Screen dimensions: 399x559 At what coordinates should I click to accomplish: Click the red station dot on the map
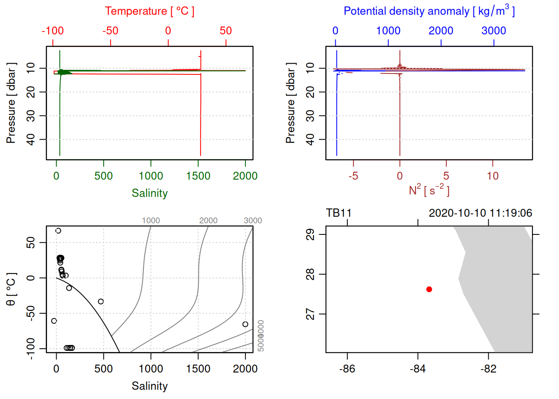(429, 289)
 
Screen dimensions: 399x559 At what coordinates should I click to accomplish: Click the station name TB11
(339, 213)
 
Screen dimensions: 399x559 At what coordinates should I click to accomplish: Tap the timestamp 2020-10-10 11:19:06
(480, 213)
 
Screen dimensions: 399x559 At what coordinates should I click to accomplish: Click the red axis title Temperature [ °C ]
(149, 11)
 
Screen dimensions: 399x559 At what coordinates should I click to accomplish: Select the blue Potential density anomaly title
(429, 11)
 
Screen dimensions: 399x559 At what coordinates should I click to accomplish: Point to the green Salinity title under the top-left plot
(149, 193)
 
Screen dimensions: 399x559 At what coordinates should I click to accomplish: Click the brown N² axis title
(429, 190)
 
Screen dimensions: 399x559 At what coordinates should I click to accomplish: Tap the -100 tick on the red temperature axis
(53, 31)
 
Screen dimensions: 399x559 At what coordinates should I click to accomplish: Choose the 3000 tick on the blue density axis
(494, 31)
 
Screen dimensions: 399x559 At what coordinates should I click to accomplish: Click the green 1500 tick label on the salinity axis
(198, 176)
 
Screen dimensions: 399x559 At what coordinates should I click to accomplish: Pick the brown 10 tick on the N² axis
(492, 176)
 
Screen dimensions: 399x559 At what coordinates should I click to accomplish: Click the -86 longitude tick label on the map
(347, 369)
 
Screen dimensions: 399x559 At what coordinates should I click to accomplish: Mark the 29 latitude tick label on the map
(310, 235)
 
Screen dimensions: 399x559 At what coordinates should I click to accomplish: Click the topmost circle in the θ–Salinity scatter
(58, 231)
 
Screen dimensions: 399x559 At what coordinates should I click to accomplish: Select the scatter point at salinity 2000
(245, 324)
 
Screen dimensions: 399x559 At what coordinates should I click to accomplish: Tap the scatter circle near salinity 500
(101, 301)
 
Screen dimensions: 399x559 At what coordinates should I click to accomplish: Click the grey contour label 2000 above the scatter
(208, 220)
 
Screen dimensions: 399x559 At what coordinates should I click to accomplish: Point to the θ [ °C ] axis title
(11, 289)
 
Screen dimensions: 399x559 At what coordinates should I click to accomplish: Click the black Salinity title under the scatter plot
(149, 386)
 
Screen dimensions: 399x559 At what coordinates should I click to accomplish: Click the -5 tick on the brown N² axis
(353, 176)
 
